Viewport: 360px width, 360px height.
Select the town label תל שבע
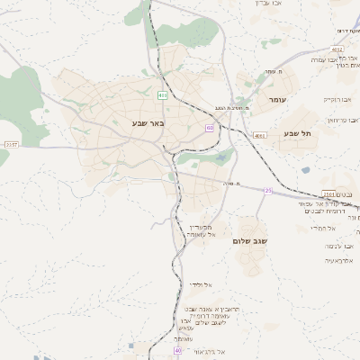(297, 133)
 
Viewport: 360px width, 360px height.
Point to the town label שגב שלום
(255, 241)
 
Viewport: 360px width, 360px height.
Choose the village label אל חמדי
(322, 229)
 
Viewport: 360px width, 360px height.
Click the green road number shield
(162, 95)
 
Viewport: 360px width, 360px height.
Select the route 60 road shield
(210, 128)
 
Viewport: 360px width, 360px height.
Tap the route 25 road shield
(268, 190)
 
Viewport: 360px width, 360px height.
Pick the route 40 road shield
(178, 350)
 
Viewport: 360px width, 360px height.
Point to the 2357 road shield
(11, 144)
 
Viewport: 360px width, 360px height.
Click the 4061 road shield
(261, 136)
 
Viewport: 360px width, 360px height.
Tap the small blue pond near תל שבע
(306, 169)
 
